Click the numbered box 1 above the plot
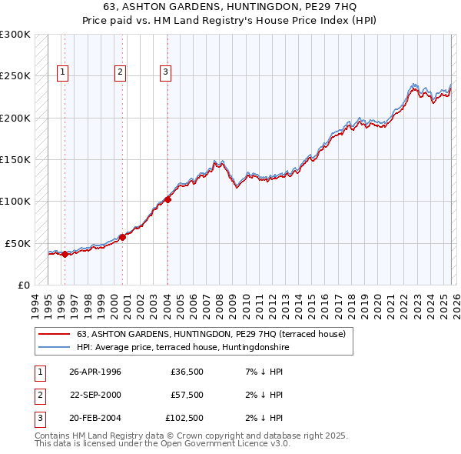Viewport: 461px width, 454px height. click(x=63, y=73)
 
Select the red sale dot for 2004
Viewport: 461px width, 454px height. click(x=167, y=199)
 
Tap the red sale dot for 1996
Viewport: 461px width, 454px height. click(x=65, y=255)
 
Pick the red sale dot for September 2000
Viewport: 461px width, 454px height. click(x=122, y=237)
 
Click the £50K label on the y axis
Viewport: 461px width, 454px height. click(x=18, y=243)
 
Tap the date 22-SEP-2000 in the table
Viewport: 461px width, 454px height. click(x=95, y=395)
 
